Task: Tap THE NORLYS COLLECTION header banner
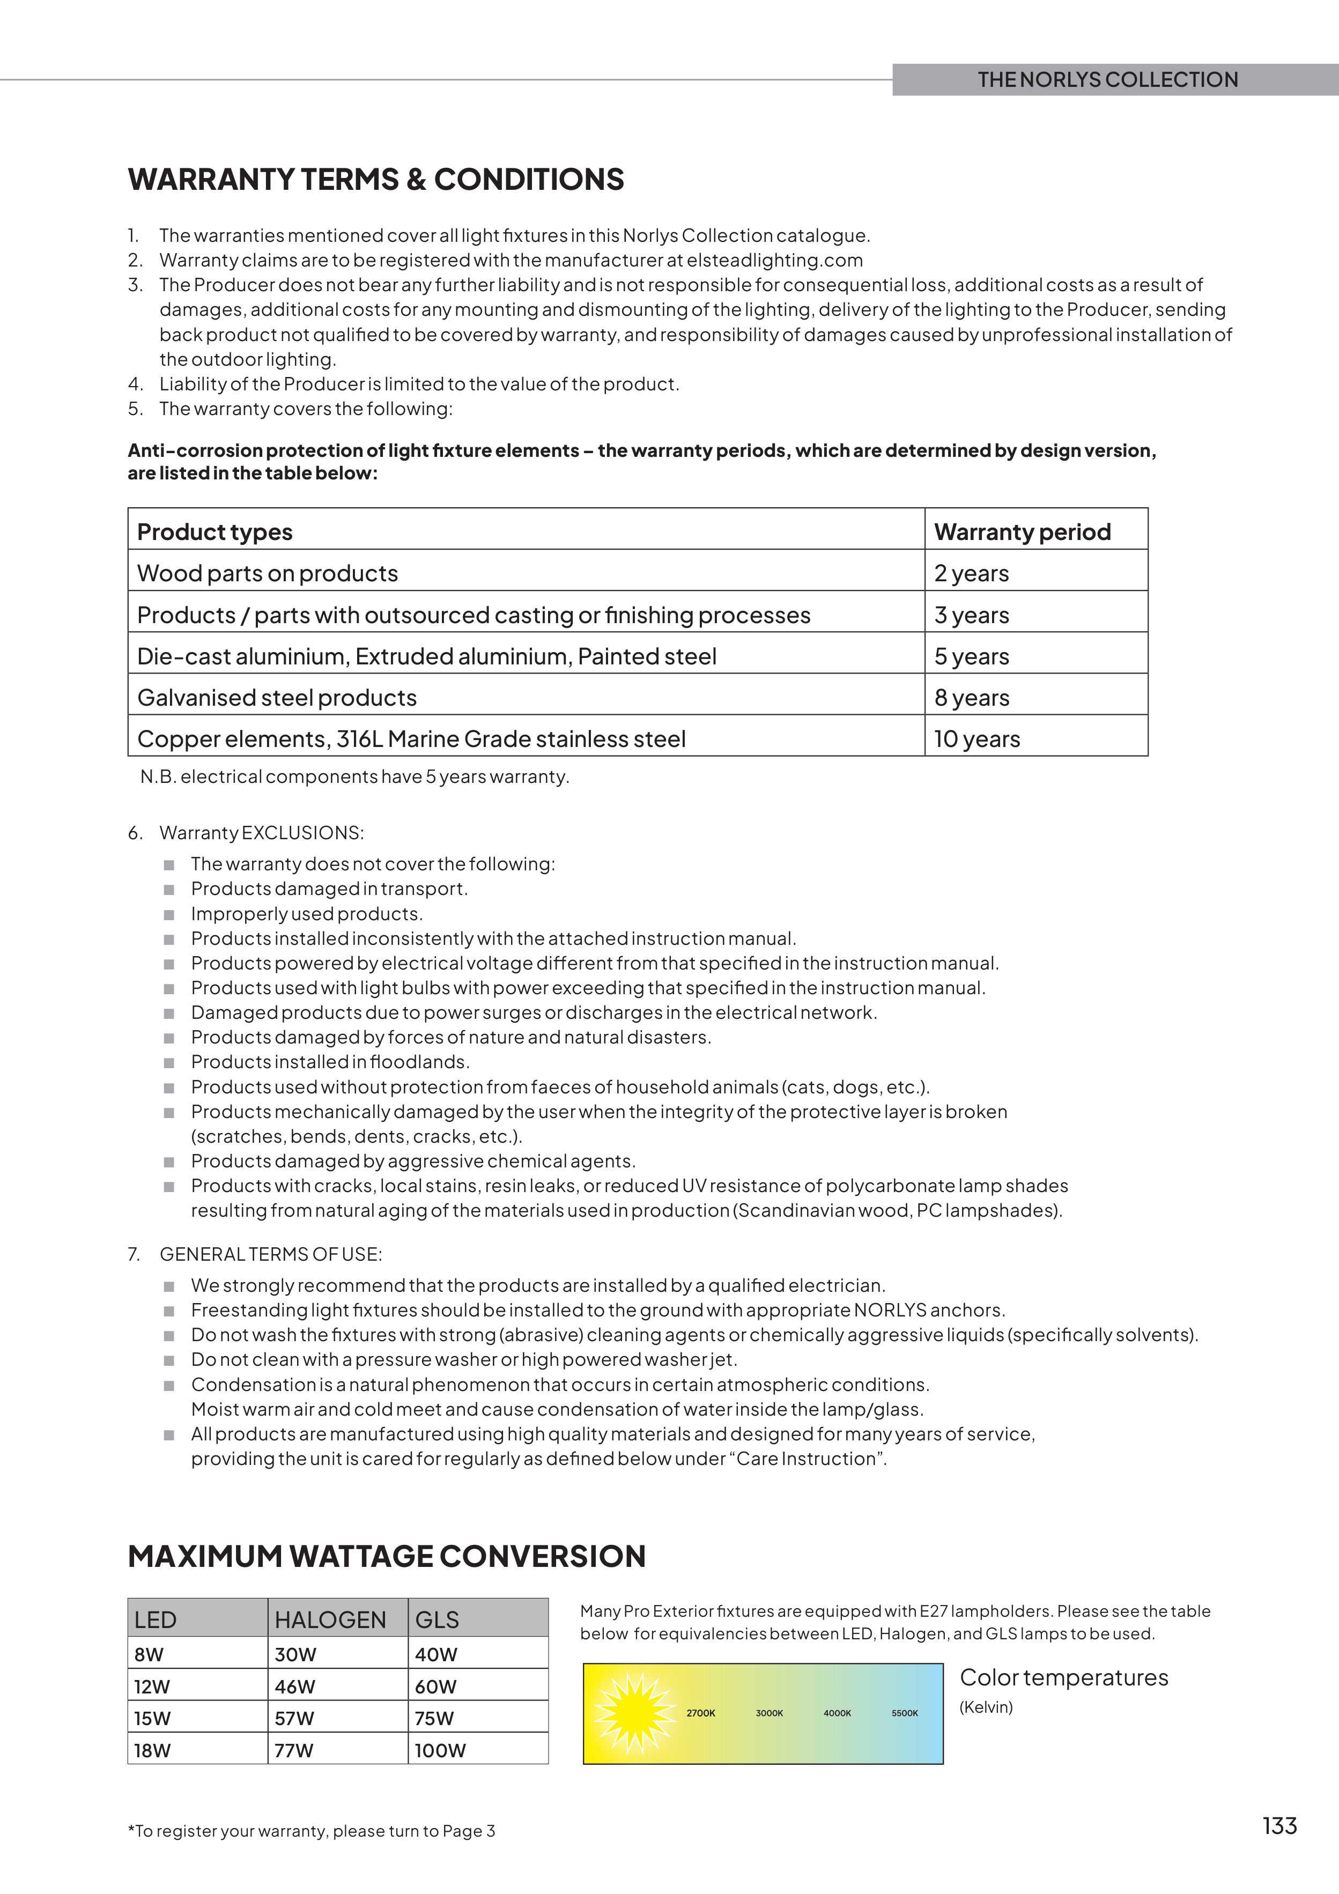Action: point(1107,80)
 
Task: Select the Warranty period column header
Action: point(1022,532)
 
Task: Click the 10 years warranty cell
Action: point(977,739)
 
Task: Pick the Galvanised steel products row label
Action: point(277,698)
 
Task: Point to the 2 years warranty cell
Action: point(971,573)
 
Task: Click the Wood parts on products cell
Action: point(267,573)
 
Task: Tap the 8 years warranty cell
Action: point(971,698)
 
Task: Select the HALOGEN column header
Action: point(330,1619)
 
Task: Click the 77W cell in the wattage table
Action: point(294,1750)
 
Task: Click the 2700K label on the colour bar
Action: point(700,1713)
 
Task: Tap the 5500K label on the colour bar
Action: point(904,1713)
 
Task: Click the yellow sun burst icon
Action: point(634,1713)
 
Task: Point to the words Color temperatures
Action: point(1063,1678)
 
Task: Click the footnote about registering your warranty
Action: point(312,1831)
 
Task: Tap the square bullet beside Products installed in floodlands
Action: point(169,1063)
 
